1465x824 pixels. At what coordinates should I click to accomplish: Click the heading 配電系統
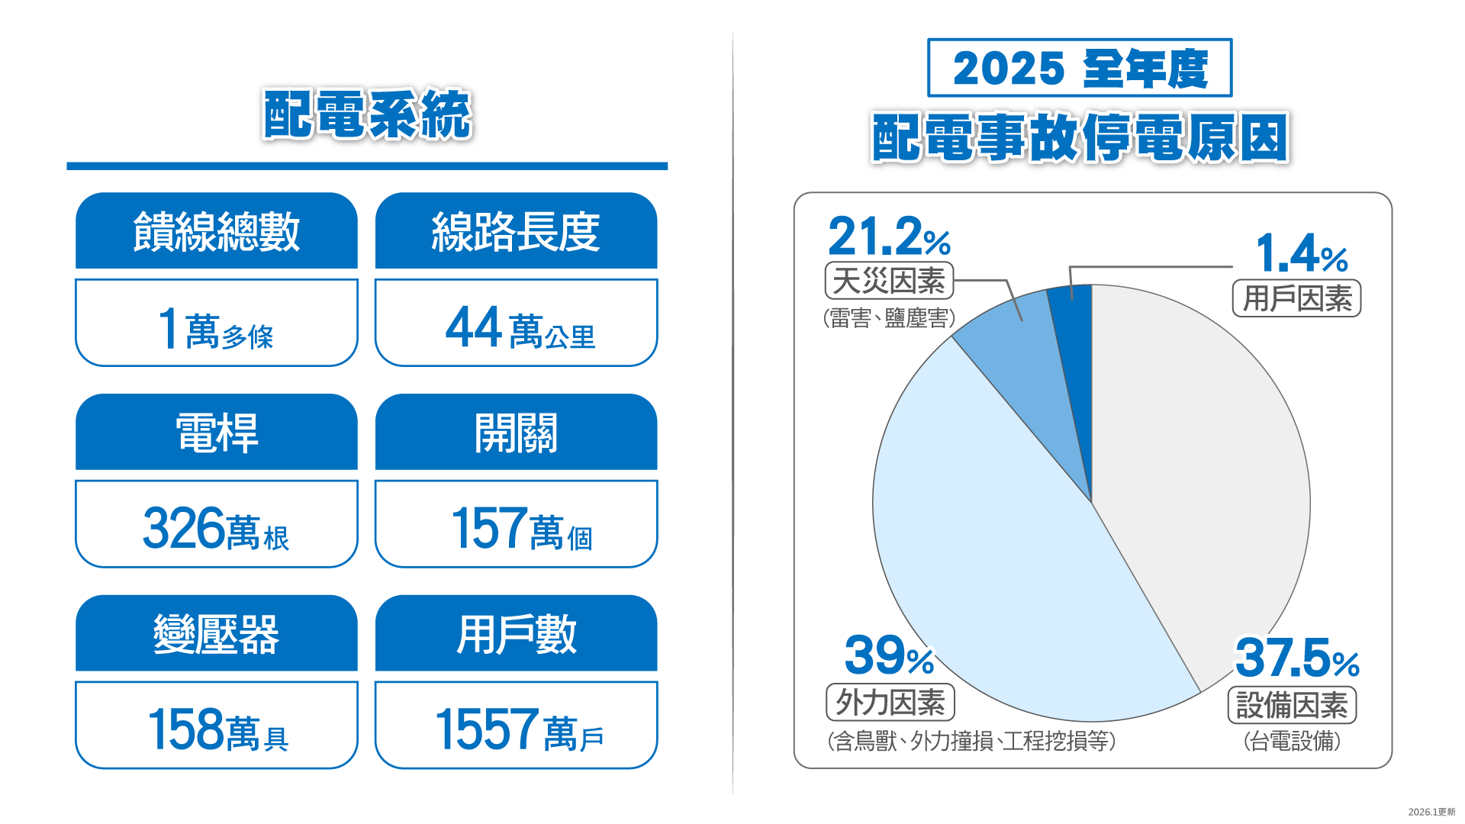(367, 114)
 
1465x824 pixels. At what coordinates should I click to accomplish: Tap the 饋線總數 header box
(216, 231)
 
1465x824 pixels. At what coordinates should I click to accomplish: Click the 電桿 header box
(216, 433)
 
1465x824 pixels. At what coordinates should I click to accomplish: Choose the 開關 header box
(517, 433)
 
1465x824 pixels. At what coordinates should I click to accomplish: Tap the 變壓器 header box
(216, 634)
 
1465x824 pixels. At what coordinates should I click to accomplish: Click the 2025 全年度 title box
(1079, 68)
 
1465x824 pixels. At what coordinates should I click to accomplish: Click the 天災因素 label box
(889, 281)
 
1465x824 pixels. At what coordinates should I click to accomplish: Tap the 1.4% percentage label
(1301, 253)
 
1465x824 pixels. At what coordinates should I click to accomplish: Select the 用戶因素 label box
(1296, 298)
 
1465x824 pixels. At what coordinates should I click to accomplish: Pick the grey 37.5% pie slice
(1206, 473)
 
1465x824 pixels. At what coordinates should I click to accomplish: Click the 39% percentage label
(889, 656)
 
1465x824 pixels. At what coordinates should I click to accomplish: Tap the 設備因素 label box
(1291, 705)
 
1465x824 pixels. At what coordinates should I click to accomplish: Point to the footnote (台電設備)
(1291, 741)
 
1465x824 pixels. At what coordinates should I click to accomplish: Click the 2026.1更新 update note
(1431, 812)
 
